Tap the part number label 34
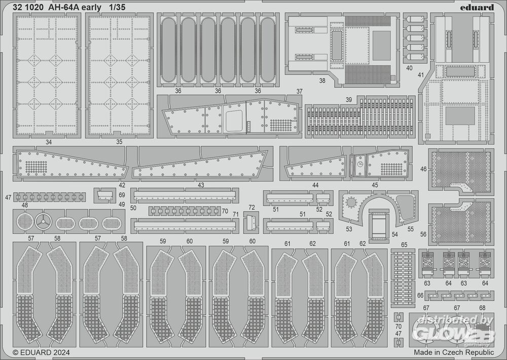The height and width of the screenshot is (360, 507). (49, 142)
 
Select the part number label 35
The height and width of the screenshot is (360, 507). (119, 141)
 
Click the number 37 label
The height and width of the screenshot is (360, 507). (300, 92)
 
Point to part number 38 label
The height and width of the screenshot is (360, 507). (322, 81)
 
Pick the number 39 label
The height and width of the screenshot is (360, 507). (349, 99)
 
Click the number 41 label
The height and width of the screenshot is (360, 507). (421, 75)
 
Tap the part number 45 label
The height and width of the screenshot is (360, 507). (375, 185)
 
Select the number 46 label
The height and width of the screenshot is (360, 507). (423, 169)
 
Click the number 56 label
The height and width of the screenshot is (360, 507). (423, 234)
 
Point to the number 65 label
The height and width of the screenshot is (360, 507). (404, 244)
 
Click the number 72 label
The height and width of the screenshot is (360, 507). (251, 207)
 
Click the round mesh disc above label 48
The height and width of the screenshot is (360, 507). (25, 222)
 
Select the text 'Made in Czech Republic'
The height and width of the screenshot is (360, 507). (454, 352)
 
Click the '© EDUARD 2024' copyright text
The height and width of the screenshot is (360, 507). (41, 352)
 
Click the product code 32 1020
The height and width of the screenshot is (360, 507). (28, 7)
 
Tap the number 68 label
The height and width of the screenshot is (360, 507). (482, 308)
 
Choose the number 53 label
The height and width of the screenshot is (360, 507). (349, 229)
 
